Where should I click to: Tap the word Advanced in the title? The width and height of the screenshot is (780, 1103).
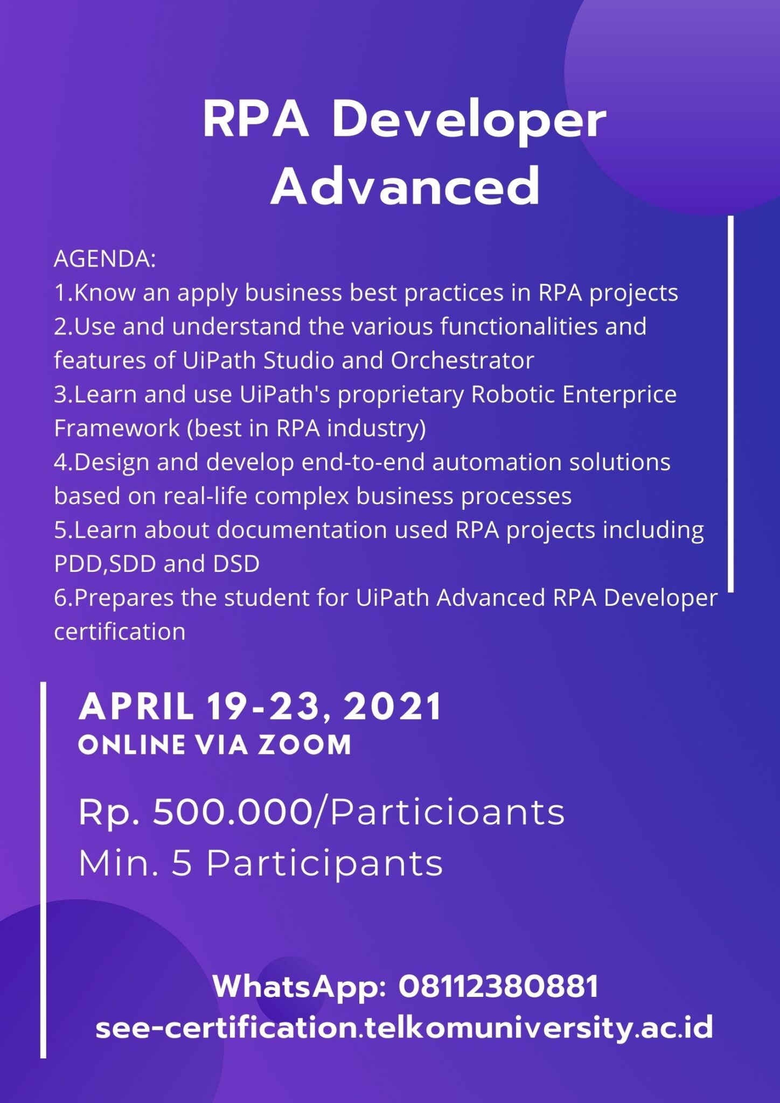coord(405,186)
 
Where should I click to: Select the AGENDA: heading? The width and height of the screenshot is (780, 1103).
coord(105,259)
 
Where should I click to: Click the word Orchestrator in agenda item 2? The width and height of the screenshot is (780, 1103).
coord(462,360)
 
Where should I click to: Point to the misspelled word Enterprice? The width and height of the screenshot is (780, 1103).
coord(619,395)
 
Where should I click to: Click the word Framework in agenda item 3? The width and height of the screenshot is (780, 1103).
coord(117,428)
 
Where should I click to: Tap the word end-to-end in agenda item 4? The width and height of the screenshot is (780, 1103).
coord(363,462)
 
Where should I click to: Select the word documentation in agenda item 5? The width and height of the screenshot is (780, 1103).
coord(302,530)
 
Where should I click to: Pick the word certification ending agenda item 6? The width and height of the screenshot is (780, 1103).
coord(120,632)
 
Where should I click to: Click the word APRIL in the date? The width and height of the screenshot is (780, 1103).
coord(136,707)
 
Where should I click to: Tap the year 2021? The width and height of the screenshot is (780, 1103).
coord(393,707)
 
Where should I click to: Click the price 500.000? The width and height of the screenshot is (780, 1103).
coord(233,812)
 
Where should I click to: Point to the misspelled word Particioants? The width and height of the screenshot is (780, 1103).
coord(447,813)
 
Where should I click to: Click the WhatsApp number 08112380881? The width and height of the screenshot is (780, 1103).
coord(498,987)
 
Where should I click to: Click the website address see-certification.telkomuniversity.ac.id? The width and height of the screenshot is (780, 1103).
coord(404,1028)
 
